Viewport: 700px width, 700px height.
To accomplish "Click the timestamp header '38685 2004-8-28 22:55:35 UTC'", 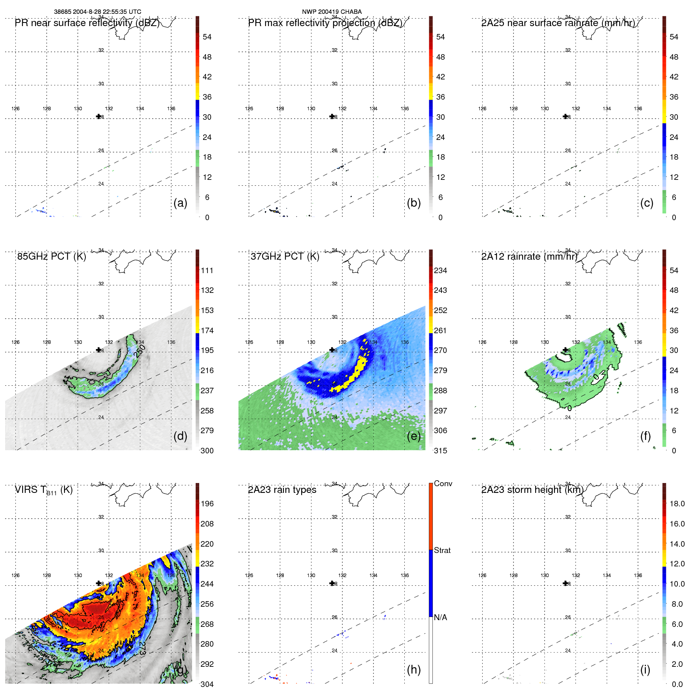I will tap(97, 12).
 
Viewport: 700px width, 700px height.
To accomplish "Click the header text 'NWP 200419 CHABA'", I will tap(332, 12).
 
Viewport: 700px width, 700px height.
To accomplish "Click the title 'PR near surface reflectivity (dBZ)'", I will tap(87, 23).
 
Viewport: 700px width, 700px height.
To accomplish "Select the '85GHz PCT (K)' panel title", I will tap(51, 257).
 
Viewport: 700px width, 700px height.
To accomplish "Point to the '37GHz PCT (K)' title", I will tap(285, 257).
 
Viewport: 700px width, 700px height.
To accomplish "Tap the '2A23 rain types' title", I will tap(282, 490).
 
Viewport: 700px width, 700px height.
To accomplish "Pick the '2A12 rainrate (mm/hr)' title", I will tap(529, 257).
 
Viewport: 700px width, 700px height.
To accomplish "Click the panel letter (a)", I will tap(180, 203).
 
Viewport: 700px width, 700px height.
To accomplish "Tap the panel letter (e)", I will tap(413, 436).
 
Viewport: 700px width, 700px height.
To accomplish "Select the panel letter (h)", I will tap(413, 670).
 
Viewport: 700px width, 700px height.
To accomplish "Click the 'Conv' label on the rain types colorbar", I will tap(443, 483).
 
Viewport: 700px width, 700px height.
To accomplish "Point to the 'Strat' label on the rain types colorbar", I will tap(442, 550).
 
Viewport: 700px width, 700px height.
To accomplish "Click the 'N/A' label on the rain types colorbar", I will tap(440, 617).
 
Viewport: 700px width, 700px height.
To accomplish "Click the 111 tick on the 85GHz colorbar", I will tap(207, 270).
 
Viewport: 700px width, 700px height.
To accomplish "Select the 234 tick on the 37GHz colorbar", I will tap(440, 270).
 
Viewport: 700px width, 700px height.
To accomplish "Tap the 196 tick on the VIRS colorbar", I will tap(207, 504).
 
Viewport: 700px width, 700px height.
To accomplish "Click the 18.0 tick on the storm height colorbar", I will tap(677, 504).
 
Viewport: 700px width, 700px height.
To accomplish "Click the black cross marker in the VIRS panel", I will tap(99, 583).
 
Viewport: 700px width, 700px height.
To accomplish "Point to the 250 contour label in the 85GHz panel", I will tap(140, 351).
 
